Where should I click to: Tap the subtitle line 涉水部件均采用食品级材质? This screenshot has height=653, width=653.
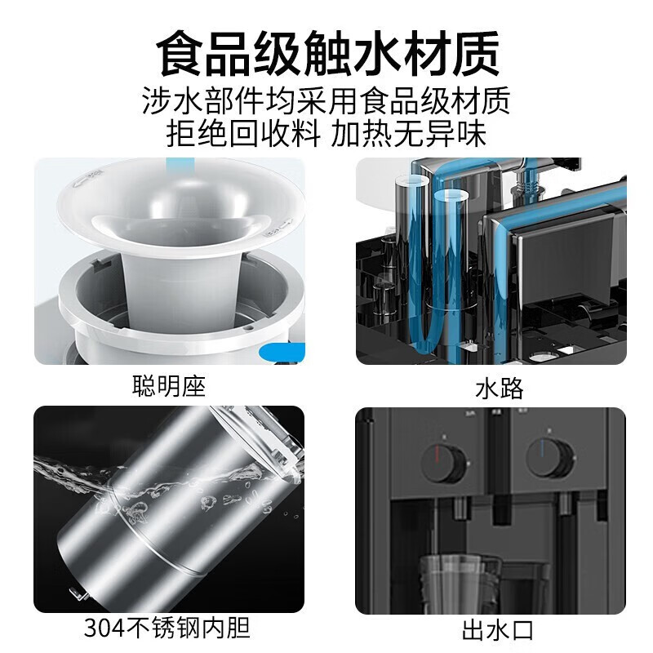coord(326,101)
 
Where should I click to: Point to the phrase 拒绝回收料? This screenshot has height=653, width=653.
coord(243,133)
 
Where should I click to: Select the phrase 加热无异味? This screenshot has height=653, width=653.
coord(409,133)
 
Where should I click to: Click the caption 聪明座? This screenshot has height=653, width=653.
coord(169,385)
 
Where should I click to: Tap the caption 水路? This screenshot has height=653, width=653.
coord(499,389)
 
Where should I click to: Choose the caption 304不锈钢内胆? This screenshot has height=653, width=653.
coord(167,628)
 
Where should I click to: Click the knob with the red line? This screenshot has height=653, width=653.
coord(443,464)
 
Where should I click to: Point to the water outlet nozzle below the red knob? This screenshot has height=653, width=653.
coord(460,507)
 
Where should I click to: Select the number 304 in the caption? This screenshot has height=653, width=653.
coord(104,628)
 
